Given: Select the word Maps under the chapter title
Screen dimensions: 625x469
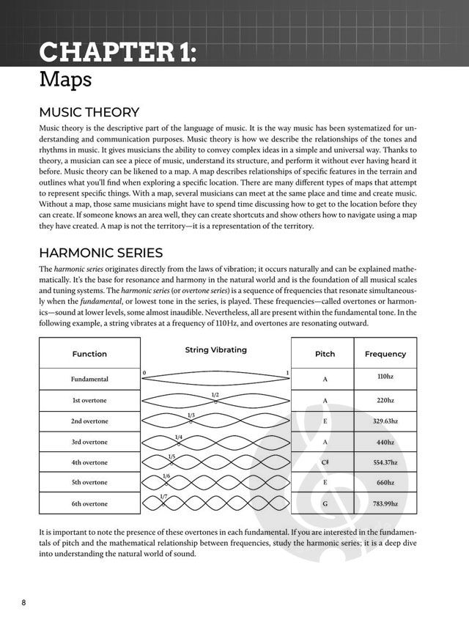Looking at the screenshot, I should tap(66, 79).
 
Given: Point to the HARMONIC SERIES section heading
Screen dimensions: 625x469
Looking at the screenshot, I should tap(100, 253).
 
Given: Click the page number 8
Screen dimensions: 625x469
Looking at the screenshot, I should tap(23, 602).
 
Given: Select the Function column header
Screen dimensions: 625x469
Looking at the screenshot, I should tap(89, 354).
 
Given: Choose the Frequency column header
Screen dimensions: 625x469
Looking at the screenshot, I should tap(385, 354).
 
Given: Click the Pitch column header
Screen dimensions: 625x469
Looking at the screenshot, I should tap(325, 354).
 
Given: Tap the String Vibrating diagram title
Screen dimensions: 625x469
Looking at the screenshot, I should tap(216, 350).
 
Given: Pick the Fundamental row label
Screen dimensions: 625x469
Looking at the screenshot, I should tap(89, 379).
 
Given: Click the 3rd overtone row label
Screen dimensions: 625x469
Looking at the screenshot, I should tap(89, 442).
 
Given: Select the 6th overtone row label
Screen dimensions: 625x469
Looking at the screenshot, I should tap(89, 503).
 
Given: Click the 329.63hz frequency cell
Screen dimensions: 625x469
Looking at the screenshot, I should tap(385, 421).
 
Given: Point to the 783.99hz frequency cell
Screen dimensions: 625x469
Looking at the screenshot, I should tap(385, 503).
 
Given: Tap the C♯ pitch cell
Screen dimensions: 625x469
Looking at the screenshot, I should tap(325, 462).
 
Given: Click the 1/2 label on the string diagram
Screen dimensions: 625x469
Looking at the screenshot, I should tap(215, 396).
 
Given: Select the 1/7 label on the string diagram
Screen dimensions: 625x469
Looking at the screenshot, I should tap(163, 498).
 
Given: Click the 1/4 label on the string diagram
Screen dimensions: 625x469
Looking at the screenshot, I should tap(179, 437).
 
